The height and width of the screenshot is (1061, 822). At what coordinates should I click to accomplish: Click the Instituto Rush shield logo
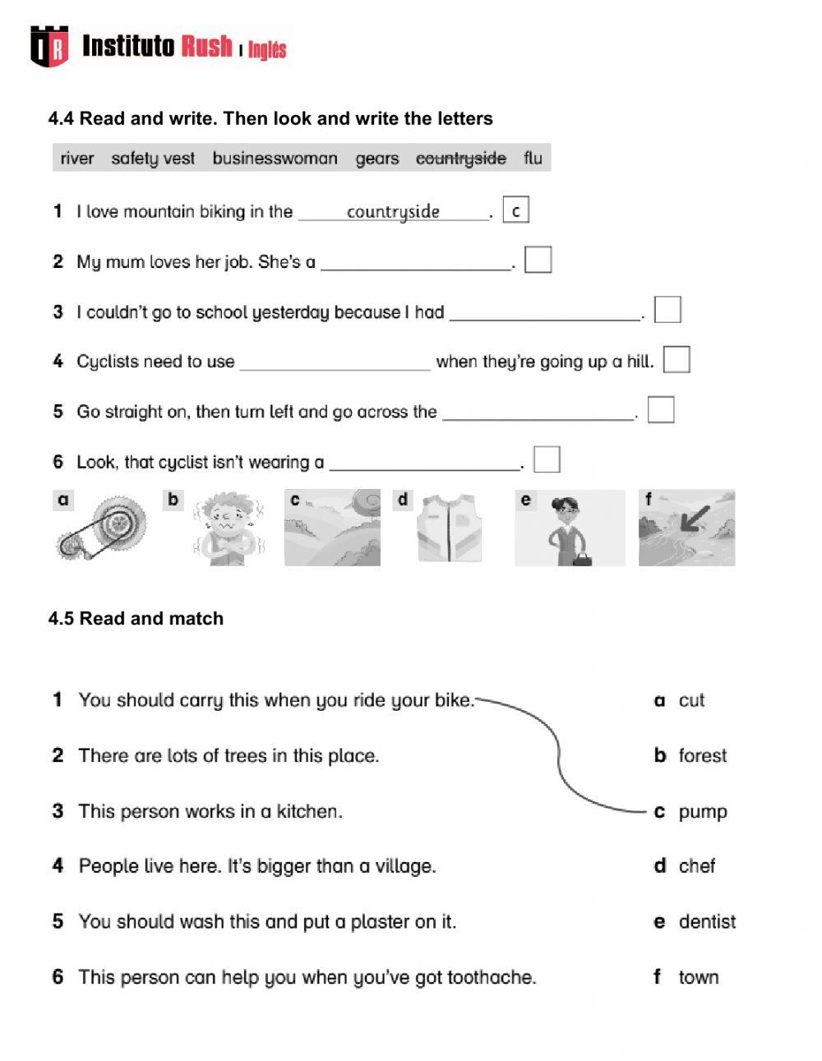click(x=49, y=46)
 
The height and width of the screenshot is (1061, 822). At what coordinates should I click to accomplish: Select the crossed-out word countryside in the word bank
click(x=460, y=158)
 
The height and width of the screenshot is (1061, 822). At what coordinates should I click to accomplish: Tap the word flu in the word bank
click(x=533, y=158)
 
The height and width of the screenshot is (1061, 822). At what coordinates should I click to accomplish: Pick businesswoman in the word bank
click(x=275, y=158)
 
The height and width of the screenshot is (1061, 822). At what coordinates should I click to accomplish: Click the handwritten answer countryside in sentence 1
click(x=393, y=211)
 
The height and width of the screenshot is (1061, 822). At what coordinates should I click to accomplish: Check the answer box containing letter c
click(x=515, y=210)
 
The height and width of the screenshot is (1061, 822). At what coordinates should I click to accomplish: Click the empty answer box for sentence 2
click(x=538, y=260)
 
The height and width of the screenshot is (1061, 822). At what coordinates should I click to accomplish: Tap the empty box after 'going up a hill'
click(x=676, y=360)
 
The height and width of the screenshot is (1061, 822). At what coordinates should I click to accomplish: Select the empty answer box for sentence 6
click(x=547, y=459)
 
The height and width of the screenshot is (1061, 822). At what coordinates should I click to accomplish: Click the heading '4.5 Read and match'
click(x=136, y=618)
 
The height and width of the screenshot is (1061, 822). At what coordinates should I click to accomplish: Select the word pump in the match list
click(x=703, y=812)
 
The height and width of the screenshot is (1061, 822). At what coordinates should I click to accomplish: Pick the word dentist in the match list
click(x=707, y=922)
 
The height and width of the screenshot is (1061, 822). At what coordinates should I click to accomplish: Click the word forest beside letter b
click(x=703, y=755)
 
